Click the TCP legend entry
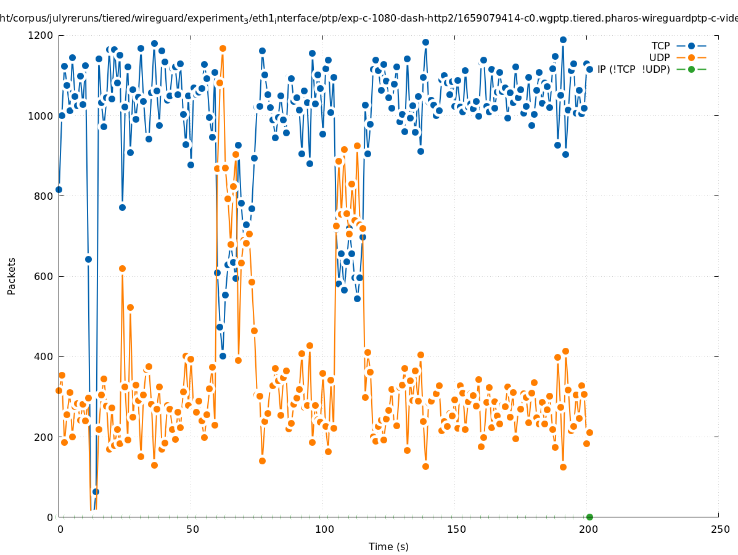click(660, 46)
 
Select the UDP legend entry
click(659, 58)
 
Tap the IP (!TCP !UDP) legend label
click(633, 70)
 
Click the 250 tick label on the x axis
click(719, 530)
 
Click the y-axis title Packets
click(12, 276)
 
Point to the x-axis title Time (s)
click(388, 547)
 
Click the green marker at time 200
click(589, 517)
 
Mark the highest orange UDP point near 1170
click(223, 48)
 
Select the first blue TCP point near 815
click(59, 189)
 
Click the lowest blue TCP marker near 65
click(96, 491)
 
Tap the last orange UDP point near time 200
click(589, 432)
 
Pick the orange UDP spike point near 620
click(122, 268)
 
